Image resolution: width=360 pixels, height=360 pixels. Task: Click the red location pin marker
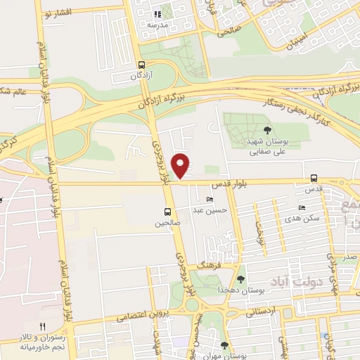tap(182, 165)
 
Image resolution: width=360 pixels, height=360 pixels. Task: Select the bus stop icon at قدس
tap(314, 179)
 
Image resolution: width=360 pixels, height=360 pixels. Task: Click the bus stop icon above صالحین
tap(167, 212)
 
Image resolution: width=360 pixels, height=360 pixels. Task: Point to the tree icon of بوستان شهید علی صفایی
tap(266, 129)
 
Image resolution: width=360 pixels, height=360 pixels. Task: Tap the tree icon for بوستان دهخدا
tap(241, 279)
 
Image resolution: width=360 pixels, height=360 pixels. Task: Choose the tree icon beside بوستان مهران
tap(224, 345)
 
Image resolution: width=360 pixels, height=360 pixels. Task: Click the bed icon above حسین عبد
tap(210, 200)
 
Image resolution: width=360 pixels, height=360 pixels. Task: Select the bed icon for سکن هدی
tap(302, 208)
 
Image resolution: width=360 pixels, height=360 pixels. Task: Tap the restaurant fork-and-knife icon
tap(42, 326)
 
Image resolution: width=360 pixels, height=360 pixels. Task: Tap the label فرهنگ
tap(210, 267)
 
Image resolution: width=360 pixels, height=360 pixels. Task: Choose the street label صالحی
tap(230, 32)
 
